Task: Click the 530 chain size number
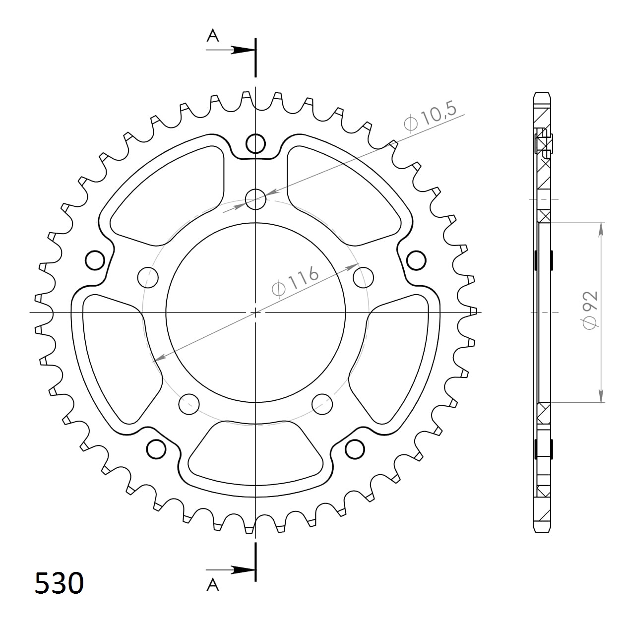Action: [59, 583]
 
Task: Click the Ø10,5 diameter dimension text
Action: [430, 118]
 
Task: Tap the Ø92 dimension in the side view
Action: [590, 310]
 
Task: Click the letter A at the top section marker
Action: [213, 36]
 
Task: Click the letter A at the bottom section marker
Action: [213, 585]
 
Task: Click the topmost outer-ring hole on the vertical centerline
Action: [255, 143]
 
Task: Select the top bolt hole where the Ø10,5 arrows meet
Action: [255, 199]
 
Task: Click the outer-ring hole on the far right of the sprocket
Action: [416, 260]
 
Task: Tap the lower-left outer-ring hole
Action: [156, 449]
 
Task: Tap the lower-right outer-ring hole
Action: [355, 449]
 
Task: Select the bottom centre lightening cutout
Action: [255, 451]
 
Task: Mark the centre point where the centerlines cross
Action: [255, 312]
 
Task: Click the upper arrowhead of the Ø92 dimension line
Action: [602, 229]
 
